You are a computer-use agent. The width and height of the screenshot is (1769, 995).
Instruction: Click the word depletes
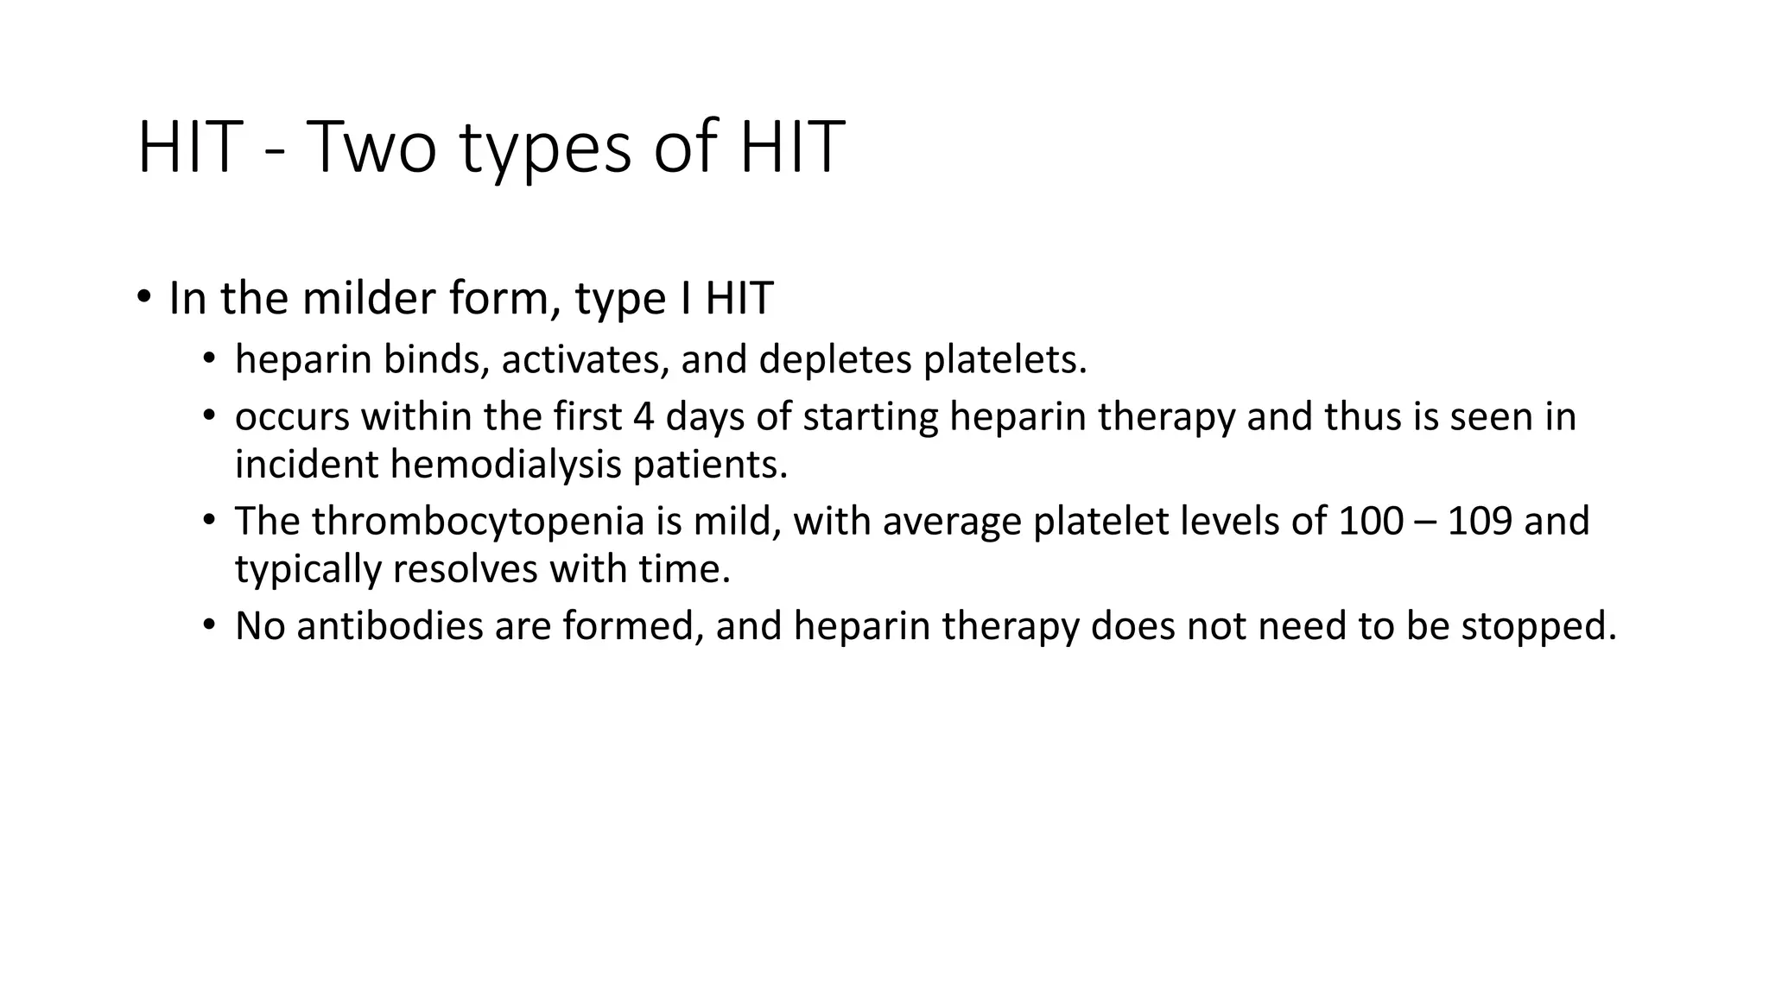tap(834, 359)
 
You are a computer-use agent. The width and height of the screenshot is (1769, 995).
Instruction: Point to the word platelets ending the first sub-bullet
tap(1005, 359)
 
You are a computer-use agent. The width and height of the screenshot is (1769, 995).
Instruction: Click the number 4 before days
tap(644, 416)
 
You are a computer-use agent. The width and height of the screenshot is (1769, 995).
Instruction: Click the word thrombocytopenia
tap(478, 522)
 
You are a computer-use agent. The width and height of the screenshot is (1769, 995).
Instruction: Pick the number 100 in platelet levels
tap(1371, 522)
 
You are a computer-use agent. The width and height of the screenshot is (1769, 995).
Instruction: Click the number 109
tap(1479, 522)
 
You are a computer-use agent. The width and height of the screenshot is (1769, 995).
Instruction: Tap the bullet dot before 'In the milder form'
tap(144, 298)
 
